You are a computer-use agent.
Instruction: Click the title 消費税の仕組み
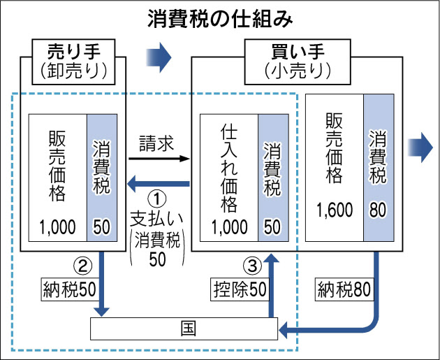coord(219,18)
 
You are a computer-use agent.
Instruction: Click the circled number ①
coord(158,198)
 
